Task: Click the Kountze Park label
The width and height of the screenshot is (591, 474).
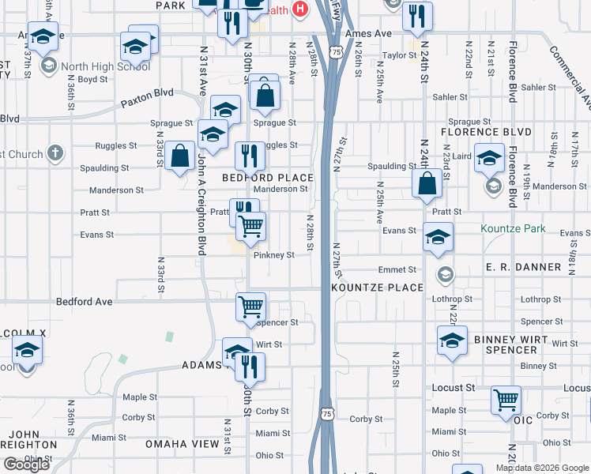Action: tap(512, 229)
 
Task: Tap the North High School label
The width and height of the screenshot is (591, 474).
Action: tap(105, 66)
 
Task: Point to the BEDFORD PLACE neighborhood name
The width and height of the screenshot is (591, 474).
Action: tap(268, 178)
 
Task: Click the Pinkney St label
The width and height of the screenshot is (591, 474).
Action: tap(273, 255)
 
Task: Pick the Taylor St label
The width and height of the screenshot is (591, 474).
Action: tap(400, 55)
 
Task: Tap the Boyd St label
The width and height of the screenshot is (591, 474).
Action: tap(92, 79)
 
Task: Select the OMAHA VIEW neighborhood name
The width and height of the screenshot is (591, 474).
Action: tap(183, 444)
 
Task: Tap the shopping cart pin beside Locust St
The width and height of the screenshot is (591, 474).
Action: tap(506, 399)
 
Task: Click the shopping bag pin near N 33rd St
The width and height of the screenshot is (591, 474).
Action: tap(181, 156)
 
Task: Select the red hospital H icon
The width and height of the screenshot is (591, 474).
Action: tap(299, 9)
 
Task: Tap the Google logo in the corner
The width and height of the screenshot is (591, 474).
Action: tap(26, 465)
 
